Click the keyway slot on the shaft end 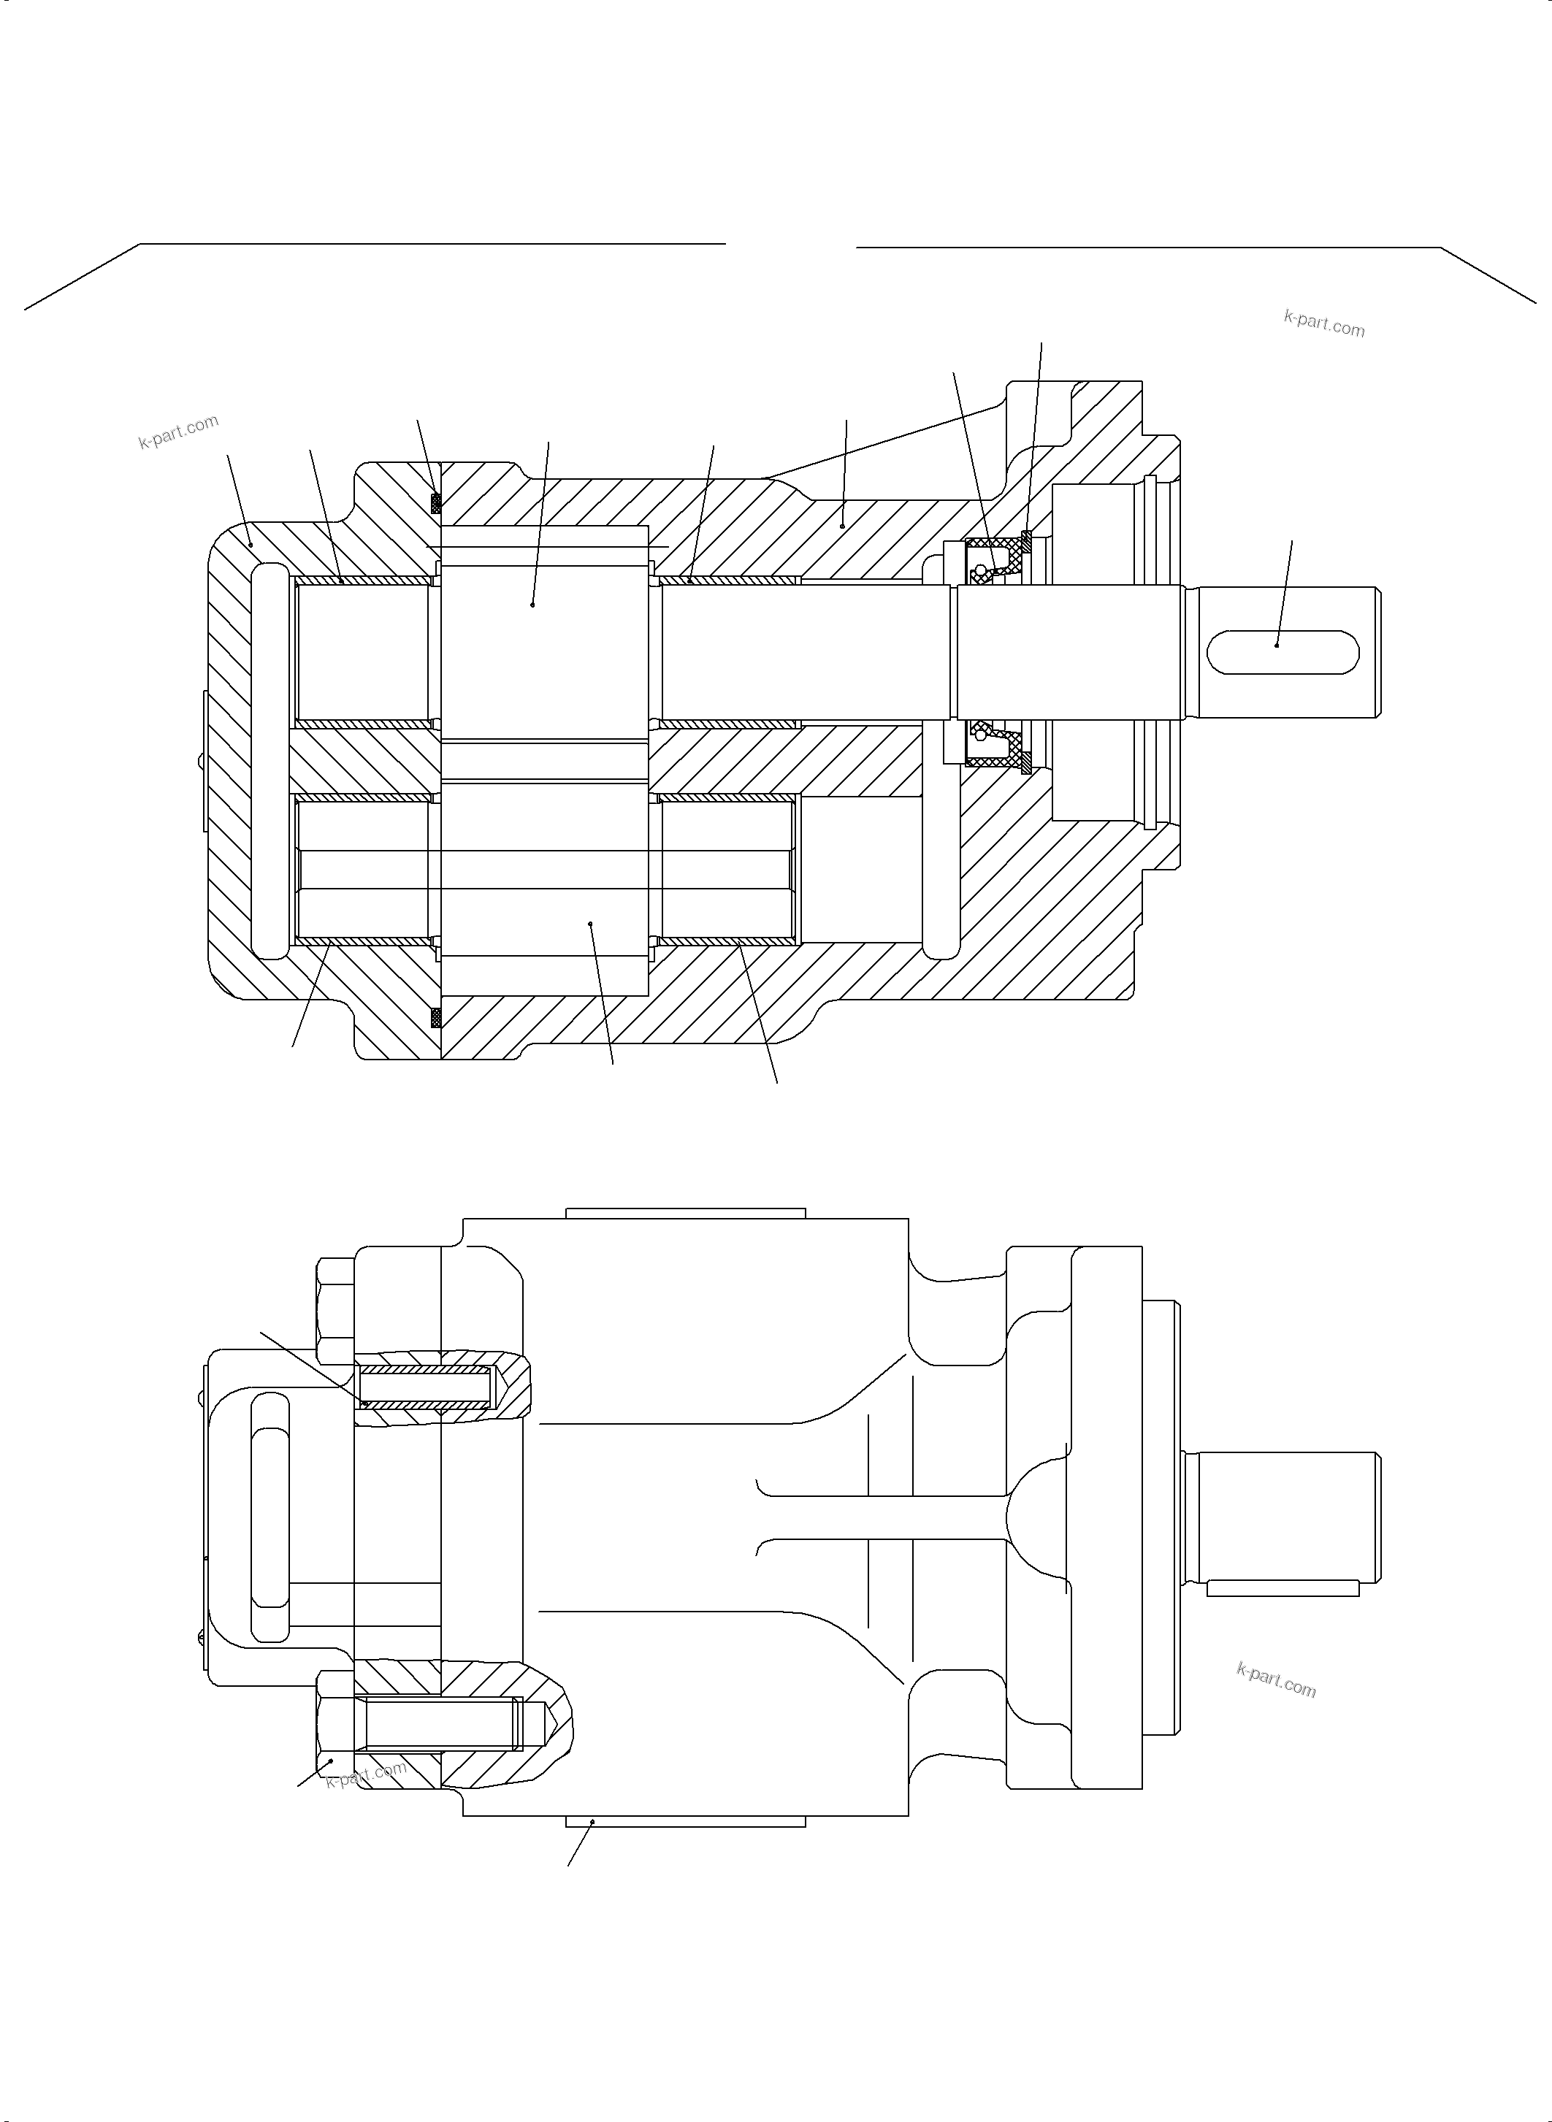1282,652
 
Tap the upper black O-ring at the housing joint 436,504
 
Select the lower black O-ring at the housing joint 436,1017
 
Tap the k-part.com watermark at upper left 178,431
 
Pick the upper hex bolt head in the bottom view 335,1311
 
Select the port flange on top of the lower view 685,1213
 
